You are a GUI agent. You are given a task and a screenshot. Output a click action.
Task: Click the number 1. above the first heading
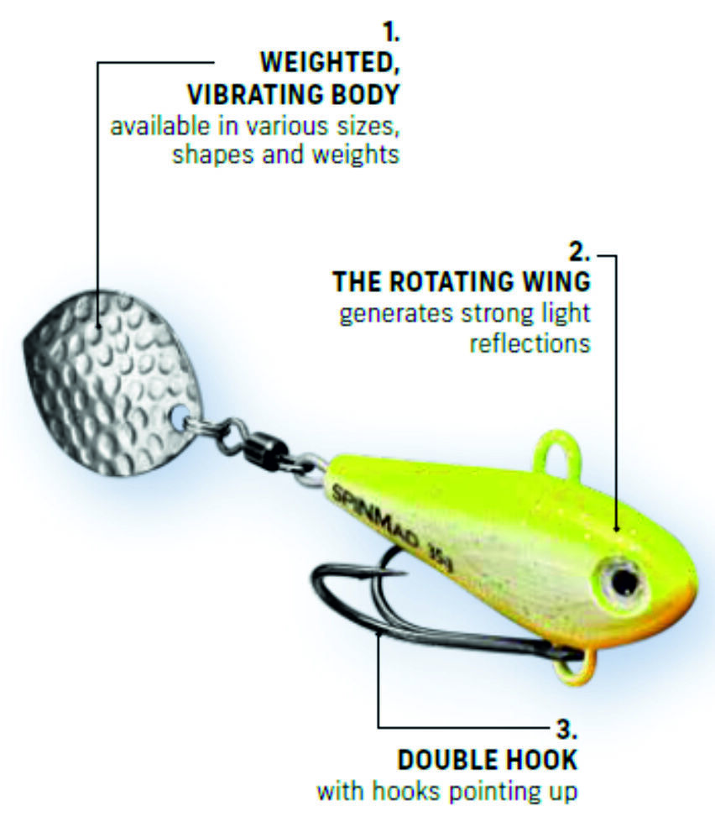[x=390, y=34]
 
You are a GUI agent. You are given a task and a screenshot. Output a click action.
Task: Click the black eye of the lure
[x=622, y=579]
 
